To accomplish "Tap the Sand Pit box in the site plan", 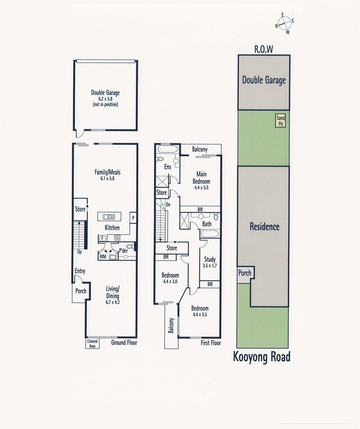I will [x=281, y=121].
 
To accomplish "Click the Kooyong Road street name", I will [x=262, y=357].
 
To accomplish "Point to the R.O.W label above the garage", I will [x=264, y=49].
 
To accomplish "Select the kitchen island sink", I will [x=109, y=217].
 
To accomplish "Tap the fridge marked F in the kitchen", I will [x=102, y=238].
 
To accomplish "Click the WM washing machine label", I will [x=103, y=257].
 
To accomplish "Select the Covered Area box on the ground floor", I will [x=92, y=344].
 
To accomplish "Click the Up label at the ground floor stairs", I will [x=79, y=252].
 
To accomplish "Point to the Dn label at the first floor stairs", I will [x=168, y=205].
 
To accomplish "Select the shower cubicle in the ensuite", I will [x=161, y=182].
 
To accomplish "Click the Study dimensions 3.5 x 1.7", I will [x=210, y=266].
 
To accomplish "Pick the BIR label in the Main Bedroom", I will [x=200, y=209].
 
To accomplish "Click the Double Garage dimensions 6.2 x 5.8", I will [x=105, y=99].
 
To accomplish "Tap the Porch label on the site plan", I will [x=245, y=273].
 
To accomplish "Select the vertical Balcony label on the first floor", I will [x=171, y=326].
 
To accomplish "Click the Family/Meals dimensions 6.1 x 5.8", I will [x=108, y=178].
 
